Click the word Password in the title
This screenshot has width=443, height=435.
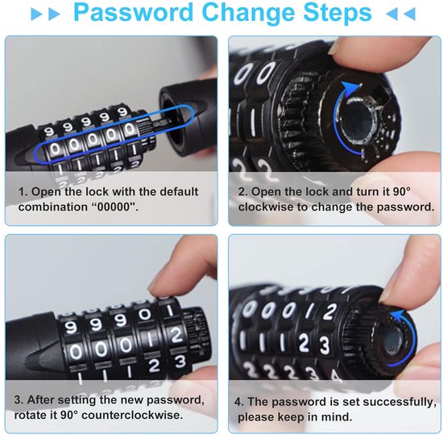133,12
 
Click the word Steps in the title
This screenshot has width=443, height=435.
337,13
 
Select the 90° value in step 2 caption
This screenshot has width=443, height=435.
401,191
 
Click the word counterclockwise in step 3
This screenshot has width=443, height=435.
132,415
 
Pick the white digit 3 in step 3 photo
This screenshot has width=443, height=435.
180,362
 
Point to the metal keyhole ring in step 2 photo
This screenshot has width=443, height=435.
356,121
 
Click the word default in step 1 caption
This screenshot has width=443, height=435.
179,191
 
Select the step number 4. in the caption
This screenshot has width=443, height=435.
239,402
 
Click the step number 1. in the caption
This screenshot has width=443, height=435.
23,191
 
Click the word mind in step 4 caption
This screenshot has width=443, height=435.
338,417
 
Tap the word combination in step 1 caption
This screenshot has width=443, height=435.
53,207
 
